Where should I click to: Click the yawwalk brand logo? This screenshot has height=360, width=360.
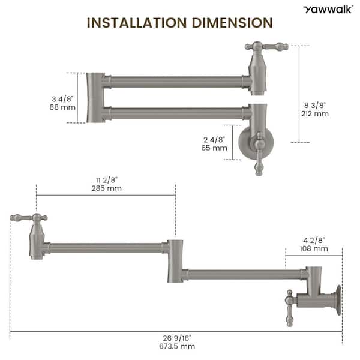coord(328,10)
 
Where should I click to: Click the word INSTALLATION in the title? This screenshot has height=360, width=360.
coord(137,23)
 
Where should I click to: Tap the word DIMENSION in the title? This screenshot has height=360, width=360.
coord(232,23)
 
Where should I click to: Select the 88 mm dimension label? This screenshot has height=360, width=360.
coord(62,107)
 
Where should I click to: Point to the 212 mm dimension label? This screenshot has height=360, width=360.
coord(315,113)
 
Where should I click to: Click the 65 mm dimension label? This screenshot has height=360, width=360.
coord(214,148)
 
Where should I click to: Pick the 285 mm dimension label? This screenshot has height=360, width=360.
coord(107,188)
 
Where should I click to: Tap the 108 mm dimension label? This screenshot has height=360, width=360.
coord(314,248)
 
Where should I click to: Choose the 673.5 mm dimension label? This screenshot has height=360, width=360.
coord(177,346)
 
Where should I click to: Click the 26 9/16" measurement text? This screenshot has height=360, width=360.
coord(177,338)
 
